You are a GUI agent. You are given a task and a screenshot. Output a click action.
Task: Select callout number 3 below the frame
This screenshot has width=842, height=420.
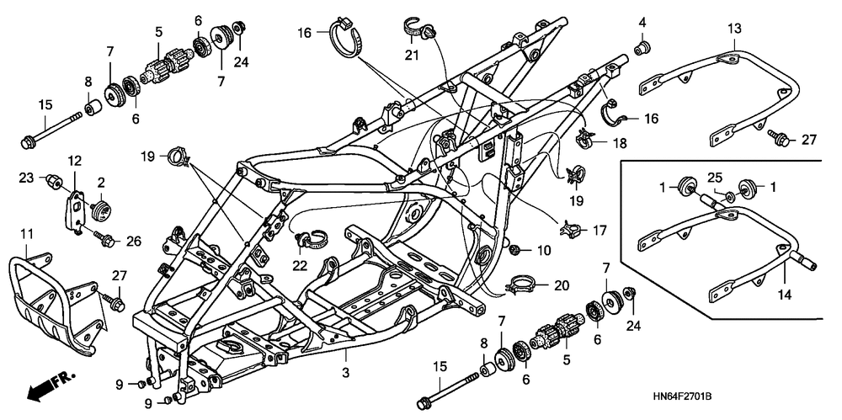tap(344, 371)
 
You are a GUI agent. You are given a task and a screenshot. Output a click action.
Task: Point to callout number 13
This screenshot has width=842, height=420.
tap(735, 29)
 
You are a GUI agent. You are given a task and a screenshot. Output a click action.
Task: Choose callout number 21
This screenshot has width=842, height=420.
tap(410, 56)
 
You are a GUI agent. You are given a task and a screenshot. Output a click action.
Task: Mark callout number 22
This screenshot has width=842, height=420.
tap(301, 264)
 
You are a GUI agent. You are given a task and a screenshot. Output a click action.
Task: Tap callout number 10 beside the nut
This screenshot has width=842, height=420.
tap(543, 251)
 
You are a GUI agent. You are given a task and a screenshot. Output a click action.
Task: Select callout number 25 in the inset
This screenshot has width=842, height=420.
tap(715, 178)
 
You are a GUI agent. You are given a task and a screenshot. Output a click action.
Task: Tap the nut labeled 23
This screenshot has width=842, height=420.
tap(53, 180)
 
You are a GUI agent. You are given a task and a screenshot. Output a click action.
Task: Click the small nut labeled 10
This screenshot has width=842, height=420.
tap(516, 250)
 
